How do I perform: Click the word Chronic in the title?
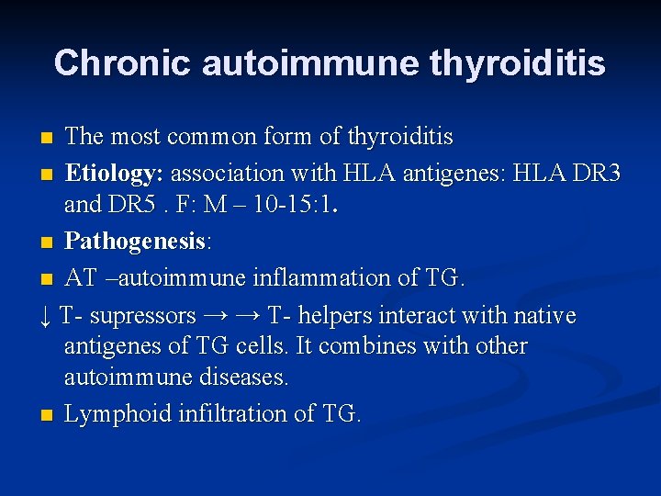pyautogui.click(x=122, y=62)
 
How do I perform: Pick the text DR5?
pyautogui.click(x=134, y=204)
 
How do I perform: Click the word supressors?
pyautogui.click(x=142, y=316)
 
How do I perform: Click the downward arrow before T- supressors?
pyautogui.click(x=45, y=317)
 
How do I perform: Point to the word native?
pyautogui.click(x=544, y=316)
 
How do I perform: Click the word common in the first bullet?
pyautogui.click(x=207, y=137)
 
